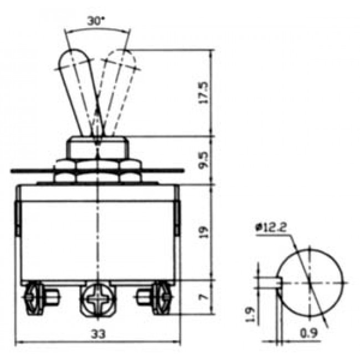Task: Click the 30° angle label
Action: pyautogui.click(x=95, y=21)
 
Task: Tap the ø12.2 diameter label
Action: pyautogui.click(x=271, y=227)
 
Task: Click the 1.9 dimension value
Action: pyautogui.click(x=250, y=314)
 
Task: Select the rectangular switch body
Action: pyautogui.click(x=98, y=233)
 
